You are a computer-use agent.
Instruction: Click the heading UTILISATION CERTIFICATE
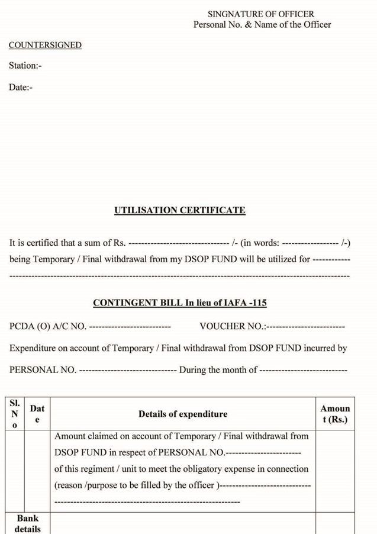click(x=179, y=210)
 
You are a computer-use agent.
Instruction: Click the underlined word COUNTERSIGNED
click(x=45, y=46)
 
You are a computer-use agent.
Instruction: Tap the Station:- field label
click(x=25, y=66)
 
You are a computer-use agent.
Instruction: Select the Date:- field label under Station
click(x=20, y=88)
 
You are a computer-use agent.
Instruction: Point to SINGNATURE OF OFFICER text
click(x=260, y=14)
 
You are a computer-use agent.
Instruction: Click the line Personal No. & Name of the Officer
click(x=262, y=25)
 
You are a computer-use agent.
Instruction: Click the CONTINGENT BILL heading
click(x=179, y=303)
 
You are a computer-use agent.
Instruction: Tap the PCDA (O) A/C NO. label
click(x=47, y=326)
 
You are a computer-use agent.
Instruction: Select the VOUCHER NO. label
click(x=232, y=326)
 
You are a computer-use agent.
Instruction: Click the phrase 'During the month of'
click(x=218, y=370)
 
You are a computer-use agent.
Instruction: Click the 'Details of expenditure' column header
click(x=182, y=414)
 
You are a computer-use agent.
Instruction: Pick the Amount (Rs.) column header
click(x=335, y=414)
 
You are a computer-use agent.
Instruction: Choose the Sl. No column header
click(x=15, y=414)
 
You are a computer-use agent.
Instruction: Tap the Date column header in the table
click(x=37, y=414)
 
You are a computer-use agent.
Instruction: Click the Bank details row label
click(x=27, y=523)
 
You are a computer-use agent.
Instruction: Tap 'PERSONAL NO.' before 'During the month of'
click(x=43, y=370)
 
